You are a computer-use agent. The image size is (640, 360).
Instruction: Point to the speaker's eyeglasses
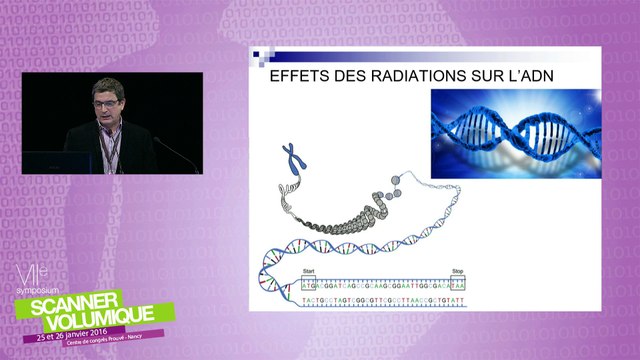click(109, 103)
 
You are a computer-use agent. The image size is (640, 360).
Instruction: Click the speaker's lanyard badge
click(112, 160)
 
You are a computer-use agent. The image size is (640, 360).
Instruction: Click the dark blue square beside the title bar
click(257, 55)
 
